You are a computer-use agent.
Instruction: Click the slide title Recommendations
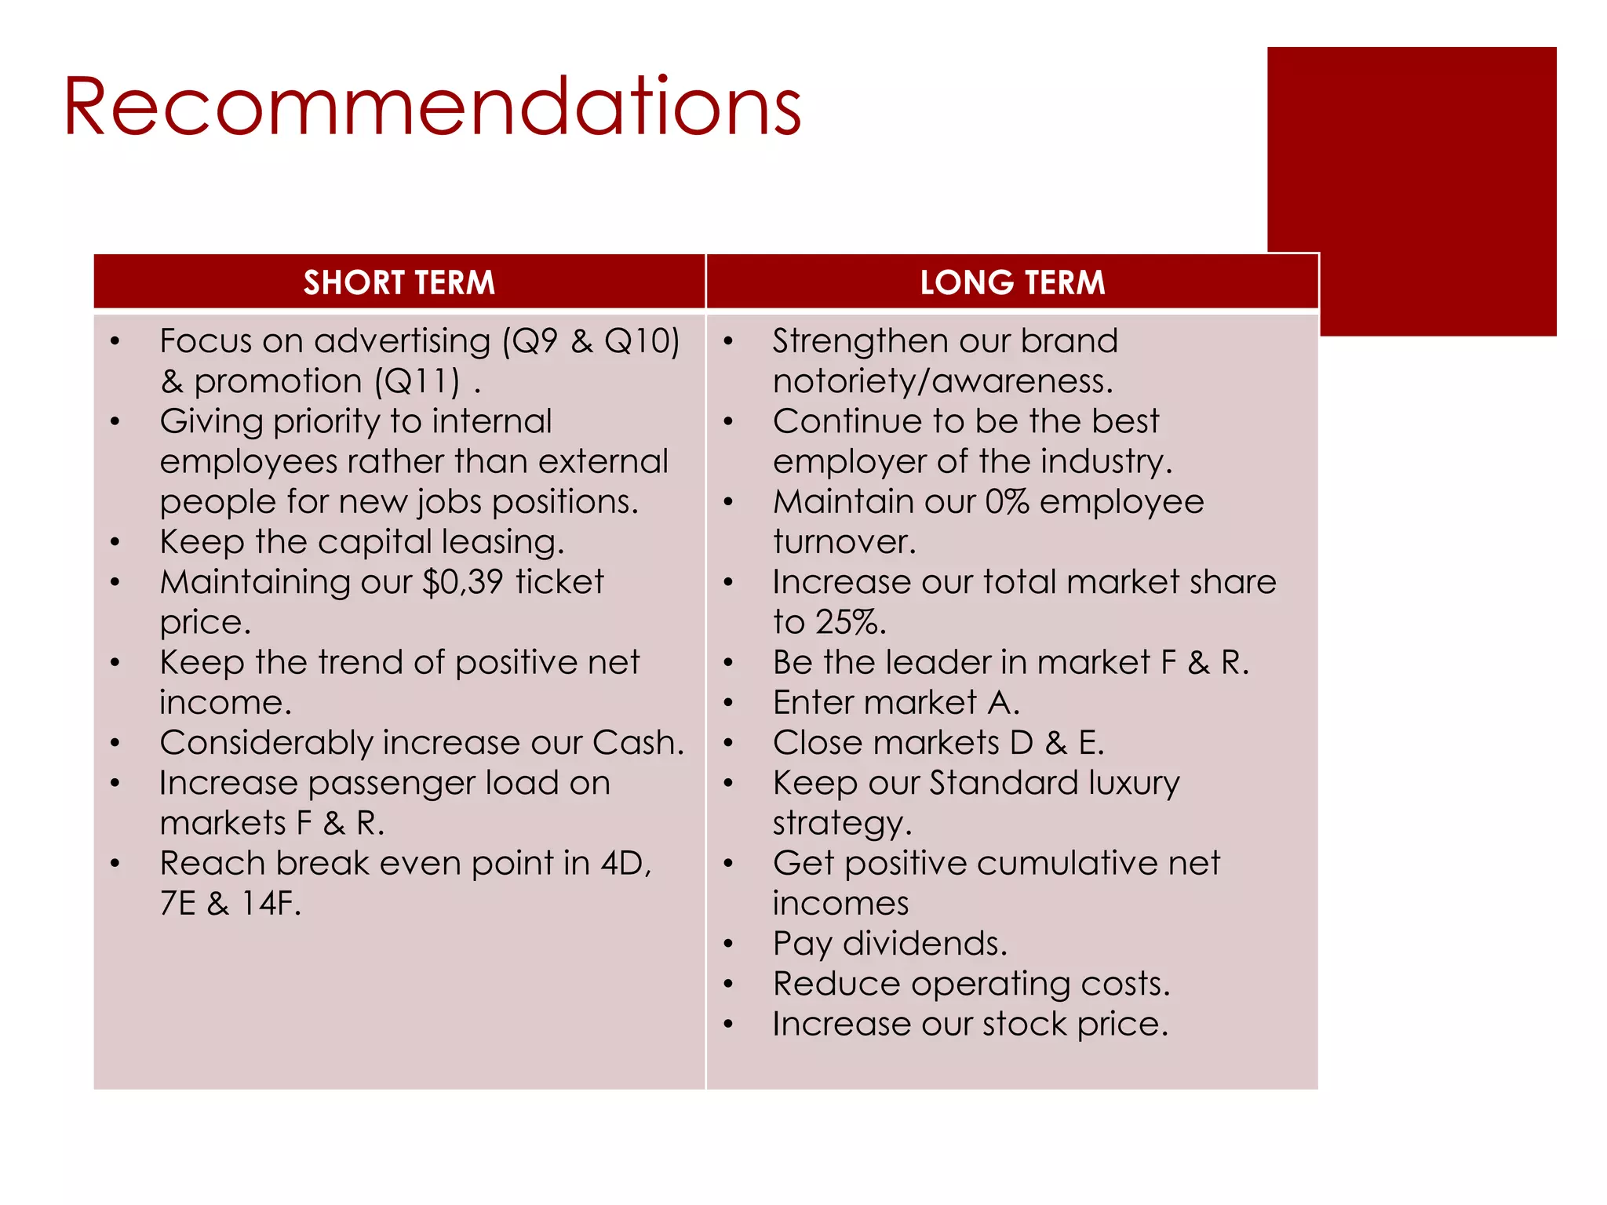click(432, 107)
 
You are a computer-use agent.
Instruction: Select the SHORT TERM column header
click(399, 282)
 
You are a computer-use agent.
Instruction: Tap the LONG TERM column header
click(1012, 282)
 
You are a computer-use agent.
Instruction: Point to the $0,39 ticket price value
click(462, 582)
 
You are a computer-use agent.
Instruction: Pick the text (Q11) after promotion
click(417, 382)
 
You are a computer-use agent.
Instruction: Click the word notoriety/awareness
click(942, 382)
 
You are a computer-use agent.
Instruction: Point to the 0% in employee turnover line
click(1007, 502)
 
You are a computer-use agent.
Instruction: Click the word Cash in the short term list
click(636, 743)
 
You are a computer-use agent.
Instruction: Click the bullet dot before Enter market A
click(728, 703)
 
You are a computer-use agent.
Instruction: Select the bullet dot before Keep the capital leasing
click(115, 542)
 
